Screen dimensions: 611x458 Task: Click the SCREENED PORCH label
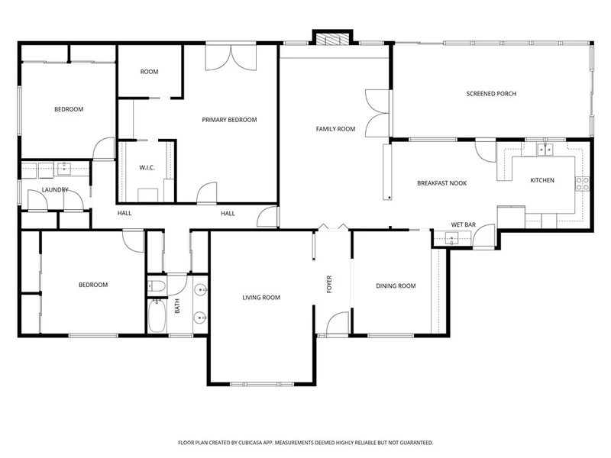click(x=491, y=94)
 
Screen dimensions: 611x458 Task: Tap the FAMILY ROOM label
click(x=335, y=129)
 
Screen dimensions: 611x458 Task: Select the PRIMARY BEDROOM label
click(x=229, y=120)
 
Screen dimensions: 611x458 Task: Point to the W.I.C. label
click(x=147, y=168)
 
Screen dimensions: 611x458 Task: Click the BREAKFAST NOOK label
click(x=442, y=183)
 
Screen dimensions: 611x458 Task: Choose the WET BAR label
click(x=464, y=224)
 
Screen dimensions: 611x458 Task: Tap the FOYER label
click(x=329, y=284)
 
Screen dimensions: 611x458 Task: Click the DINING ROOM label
click(x=396, y=285)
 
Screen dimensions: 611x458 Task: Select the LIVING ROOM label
click(x=261, y=298)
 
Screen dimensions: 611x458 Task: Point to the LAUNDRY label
click(x=55, y=189)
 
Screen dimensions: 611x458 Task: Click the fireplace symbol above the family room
click(x=332, y=40)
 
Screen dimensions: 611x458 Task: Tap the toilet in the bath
click(x=157, y=286)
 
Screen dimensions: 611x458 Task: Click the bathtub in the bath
click(x=157, y=315)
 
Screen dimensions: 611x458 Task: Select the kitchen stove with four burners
click(x=583, y=184)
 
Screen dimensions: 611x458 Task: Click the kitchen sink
click(x=545, y=150)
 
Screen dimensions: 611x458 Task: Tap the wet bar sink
click(x=452, y=238)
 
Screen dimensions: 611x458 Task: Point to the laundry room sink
click(x=64, y=169)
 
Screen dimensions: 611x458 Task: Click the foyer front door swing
click(x=338, y=323)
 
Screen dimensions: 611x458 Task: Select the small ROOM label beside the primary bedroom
click(x=149, y=72)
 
